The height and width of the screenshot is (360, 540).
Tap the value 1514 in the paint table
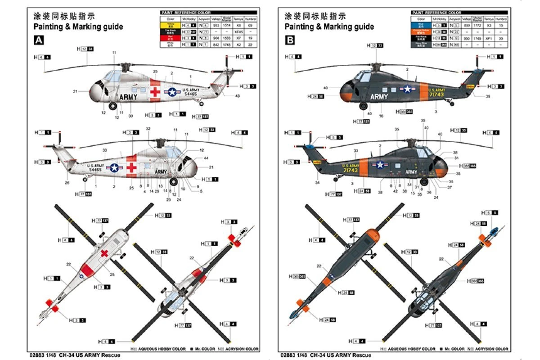226,26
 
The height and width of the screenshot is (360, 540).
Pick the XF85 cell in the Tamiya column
239,32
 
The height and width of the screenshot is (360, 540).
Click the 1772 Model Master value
477,26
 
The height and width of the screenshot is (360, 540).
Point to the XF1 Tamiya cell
490,38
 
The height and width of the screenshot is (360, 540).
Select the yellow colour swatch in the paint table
171,26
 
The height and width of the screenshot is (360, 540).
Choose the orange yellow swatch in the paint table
421,32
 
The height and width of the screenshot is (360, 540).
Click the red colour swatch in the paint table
171,39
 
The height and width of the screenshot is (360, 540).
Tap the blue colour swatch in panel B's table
421,26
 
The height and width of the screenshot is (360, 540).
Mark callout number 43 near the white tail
237,96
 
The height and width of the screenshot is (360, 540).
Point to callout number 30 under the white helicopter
130,116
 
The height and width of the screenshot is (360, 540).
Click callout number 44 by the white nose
206,158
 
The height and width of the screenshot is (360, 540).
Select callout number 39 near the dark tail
488,96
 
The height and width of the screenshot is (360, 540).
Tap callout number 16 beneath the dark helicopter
381,116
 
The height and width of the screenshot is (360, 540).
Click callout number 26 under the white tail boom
67,183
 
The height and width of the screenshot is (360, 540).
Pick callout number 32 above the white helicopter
148,129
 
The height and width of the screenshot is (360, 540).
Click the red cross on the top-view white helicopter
104,254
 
